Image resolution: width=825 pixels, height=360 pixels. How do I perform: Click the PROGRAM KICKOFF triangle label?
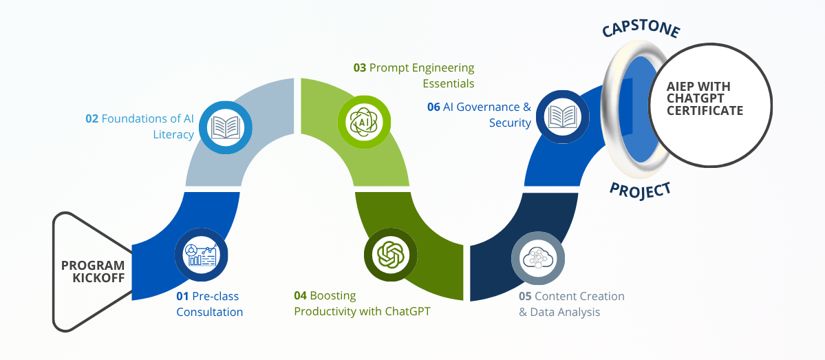(93, 272)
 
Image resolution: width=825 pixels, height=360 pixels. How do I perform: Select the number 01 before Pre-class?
(182, 296)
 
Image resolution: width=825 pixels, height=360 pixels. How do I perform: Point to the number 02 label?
(92, 118)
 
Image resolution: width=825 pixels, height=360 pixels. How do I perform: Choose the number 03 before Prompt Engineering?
(360, 67)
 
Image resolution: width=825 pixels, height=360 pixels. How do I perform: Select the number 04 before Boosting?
(300, 295)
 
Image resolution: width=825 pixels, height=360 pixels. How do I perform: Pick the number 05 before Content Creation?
(525, 296)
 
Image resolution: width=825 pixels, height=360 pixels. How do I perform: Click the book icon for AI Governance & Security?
(562, 116)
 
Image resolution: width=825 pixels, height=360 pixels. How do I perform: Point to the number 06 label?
(433, 107)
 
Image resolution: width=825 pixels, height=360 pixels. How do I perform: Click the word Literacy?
(173, 134)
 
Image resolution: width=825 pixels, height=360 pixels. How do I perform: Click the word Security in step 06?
(510, 123)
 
